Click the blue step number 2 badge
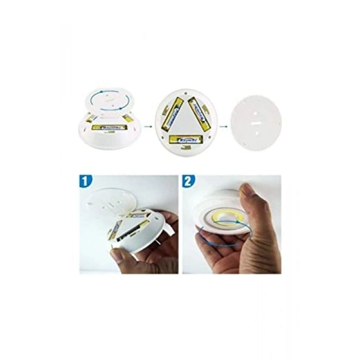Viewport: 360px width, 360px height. (x=189, y=182)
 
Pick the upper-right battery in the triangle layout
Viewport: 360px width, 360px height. (x=199, y=113)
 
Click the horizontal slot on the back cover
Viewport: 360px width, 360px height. (x=256, y=123)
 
